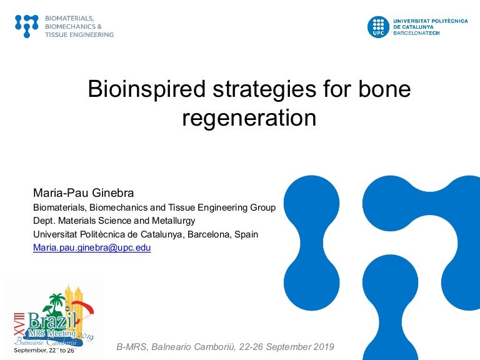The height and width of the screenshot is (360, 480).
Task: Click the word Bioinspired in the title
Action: pyautogui.click(x=146, y=89)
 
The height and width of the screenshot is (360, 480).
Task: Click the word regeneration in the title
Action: pyautogui.click(x=249, y=118)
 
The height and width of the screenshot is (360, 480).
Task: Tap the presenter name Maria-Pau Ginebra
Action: pyautogui.click(x=83, y=193)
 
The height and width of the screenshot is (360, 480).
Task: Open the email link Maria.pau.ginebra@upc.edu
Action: pyautogui.click(x=92, y=247)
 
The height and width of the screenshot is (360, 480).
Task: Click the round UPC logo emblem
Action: pyautogui.click(x=378, y=27)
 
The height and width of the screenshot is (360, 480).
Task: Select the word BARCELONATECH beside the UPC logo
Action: pyautogui.click(x=416, y=32)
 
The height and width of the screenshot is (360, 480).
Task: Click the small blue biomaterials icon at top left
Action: pyautogui.click(x=27, y=26)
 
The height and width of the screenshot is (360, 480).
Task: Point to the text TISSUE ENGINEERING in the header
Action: pyautogui.click(x=79, y=34)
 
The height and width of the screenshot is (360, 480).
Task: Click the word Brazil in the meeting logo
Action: pyautogui.click(x=52, y=320)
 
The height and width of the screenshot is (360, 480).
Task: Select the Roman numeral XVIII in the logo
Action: pyautogui.click(x=19, y=323)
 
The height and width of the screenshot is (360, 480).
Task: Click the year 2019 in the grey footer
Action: pyautogui.click(x=324, y=347)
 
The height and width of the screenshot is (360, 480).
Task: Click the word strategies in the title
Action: pyautogui.click(x=264, y=89)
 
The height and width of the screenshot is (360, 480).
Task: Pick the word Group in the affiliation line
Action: pyautogui.click(x=263, y=207)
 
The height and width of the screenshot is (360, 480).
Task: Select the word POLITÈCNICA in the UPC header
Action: pyautogui.click(x=449, y=21)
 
